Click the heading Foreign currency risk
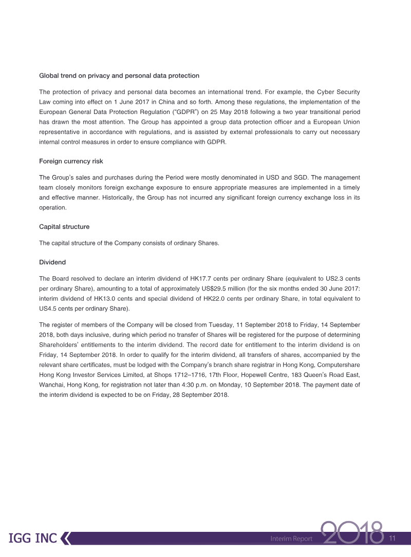pyautogui.click(x=71, y=161)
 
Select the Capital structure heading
pyautogui.click(x=64, y=226)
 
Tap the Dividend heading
pyautogui.click(x=52, y=262)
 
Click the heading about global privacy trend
pyautogui.click(x=119, y=75)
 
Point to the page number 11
pyautogui.click(x=394, y=539)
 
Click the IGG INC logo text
pyautogui.click(x=33, y=539)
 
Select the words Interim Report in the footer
pyautogui.click(x=291, y=539)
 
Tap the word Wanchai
pyautogui.click(x=52, y=386)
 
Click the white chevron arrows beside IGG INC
pyautogui.click(x=65, y=539)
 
